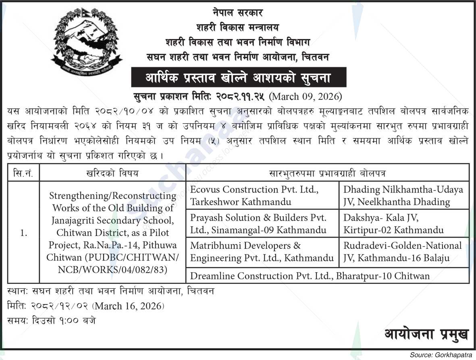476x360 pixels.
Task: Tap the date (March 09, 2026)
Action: [306, 97]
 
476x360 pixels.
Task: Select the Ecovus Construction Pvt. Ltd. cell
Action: [262, 195]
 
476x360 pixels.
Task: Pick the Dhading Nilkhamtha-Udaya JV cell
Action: [403, 195]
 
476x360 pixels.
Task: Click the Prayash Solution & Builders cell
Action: [262, 223]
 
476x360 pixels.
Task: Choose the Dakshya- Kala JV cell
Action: [403, 223]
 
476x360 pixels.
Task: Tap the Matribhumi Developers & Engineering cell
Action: [262, 252]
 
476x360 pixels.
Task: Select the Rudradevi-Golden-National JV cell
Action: [403, 252]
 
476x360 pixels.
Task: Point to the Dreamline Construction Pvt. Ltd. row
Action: [327, 276]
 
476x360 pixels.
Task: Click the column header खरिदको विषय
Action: [112, 173]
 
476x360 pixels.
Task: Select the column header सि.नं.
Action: [23, 173]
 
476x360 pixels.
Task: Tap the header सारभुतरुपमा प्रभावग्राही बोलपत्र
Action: [327, 173]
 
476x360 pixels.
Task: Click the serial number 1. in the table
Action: [23, 233]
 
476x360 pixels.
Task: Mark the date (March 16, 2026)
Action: [128, 306]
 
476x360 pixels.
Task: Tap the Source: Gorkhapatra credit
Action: [441, 355]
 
